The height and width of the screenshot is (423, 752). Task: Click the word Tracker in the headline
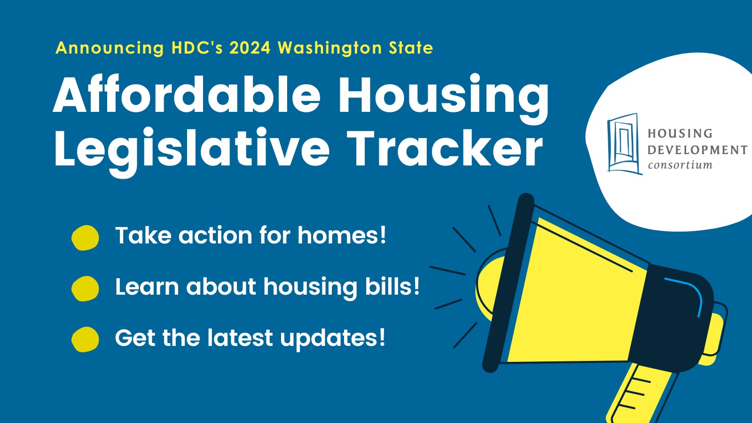(x=445, y=148)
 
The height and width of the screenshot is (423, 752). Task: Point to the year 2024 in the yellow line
(x=250, y=48)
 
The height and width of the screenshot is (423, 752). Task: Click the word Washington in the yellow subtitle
(x=329, y=48)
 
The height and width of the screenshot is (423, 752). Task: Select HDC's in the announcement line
(x=197, y=48)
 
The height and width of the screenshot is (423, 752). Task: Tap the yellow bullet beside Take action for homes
(x=85, y=237)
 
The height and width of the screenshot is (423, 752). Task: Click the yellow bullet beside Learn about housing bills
(x=85, y=288)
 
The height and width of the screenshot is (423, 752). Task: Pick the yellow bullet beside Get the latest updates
(x=85, y=339)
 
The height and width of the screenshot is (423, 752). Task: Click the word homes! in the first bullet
(x=342, y=235)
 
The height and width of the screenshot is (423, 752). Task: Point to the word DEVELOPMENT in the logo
(x=697, y=150)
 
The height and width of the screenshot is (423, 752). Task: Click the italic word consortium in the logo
(x=680, y=165)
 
